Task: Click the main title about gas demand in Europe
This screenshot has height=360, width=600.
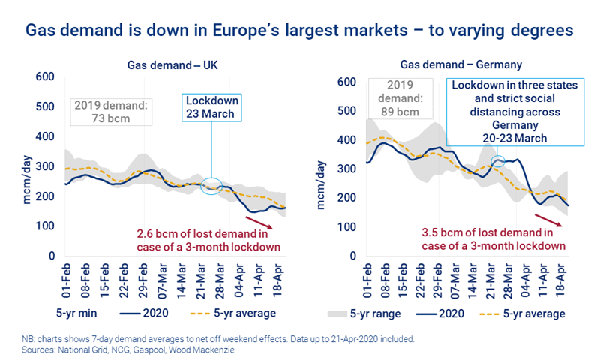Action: (x=300, y=31)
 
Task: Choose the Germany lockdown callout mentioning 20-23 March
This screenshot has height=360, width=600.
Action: (x=514, y=112)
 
